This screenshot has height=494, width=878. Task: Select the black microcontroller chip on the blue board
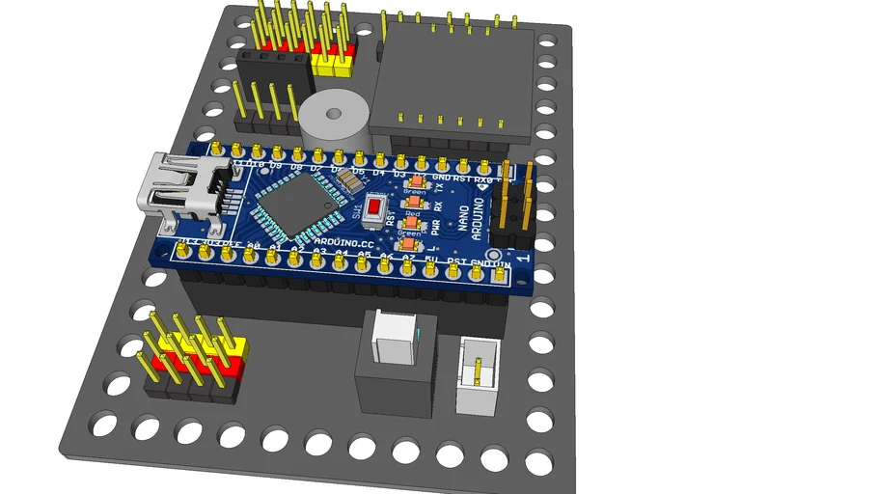coord(290,207)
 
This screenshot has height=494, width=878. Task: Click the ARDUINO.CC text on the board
coord(343,243)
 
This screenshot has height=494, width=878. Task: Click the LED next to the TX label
coord(418,181)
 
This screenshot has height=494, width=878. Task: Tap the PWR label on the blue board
coord(435,230)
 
